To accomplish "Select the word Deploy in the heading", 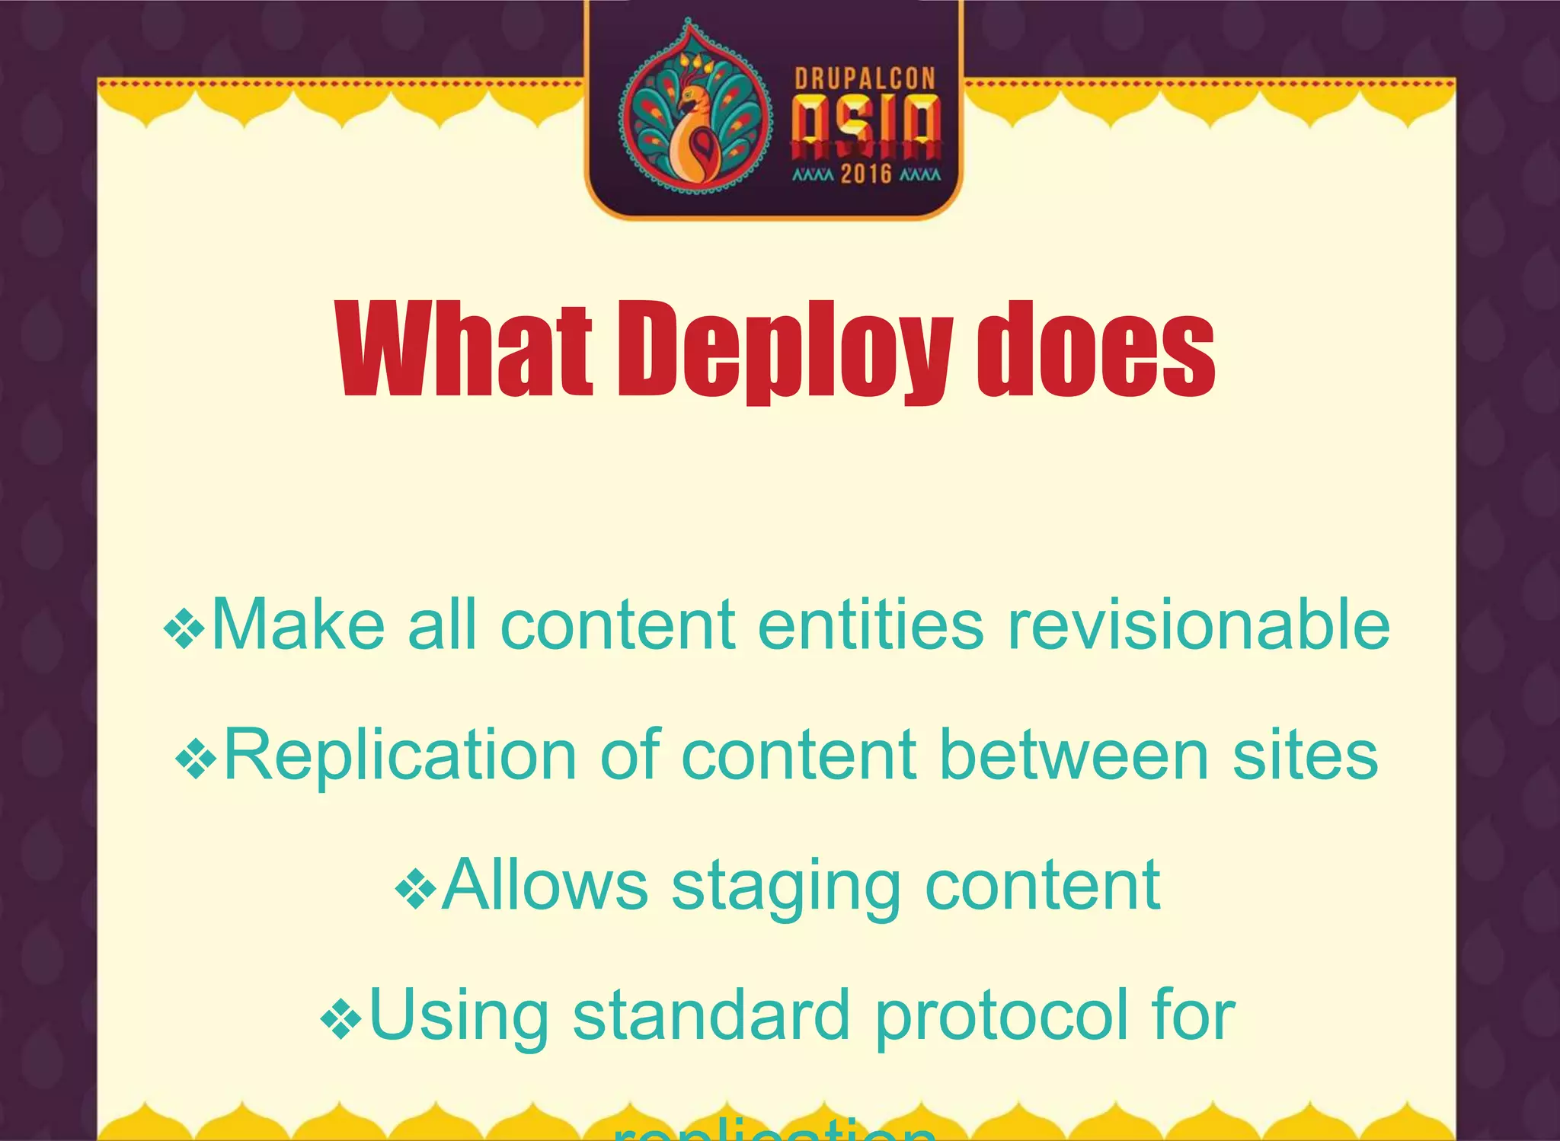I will pos(785,350).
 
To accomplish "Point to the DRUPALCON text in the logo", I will pos(865,78).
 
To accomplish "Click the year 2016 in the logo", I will pos(866,174).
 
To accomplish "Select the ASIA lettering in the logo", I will pos(866,126).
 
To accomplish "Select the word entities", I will pos(870,625).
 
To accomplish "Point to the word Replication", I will pos(401,756).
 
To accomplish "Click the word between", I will pos(1074,756).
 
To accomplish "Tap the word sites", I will pos(1305,756).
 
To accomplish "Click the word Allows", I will pos(545,885).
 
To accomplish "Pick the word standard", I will pos(711,1015).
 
